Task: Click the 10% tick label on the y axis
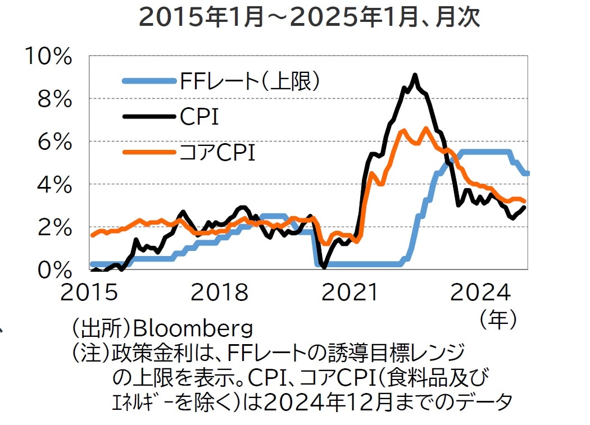point(49,57)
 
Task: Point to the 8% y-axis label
point(56,99)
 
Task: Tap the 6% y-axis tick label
point(56,142)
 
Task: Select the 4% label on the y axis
point(56,185)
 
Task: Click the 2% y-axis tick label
point(56,227)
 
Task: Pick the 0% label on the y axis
point(56,269)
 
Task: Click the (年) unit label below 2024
point(498,318)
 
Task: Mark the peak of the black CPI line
point(415,75)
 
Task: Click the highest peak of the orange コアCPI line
point(425,129)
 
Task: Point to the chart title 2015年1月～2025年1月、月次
point(309,18)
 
